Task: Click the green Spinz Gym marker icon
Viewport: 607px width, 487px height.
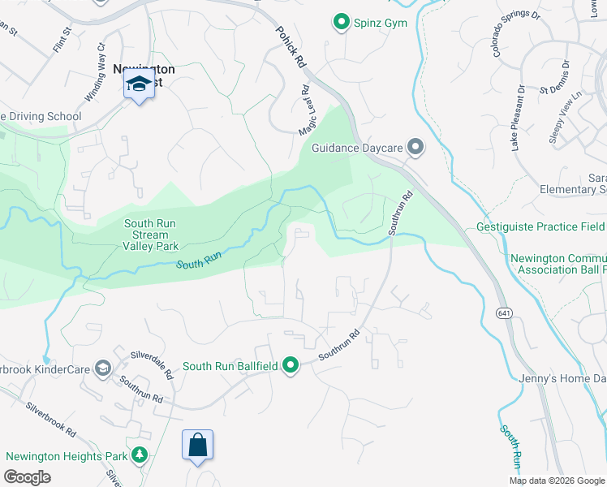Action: (x=342, y=23)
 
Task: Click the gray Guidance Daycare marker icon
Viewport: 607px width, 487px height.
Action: (x=415, y=147)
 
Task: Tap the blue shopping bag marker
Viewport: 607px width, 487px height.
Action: (x=197, y=445)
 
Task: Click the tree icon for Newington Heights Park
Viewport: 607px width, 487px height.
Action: (x=140, y=455)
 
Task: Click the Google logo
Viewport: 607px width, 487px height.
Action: (x=27, y=477)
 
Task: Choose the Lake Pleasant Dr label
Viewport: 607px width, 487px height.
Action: (x=517, y=118)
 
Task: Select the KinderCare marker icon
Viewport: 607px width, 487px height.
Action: (x=102, y=368)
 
